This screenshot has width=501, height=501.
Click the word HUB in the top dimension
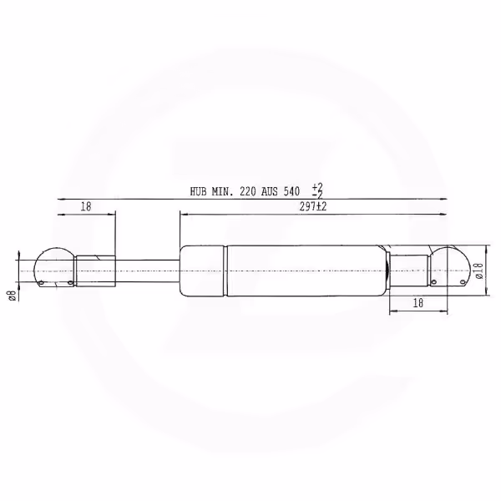[198, 192]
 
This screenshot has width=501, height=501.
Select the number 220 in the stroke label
[248, 192]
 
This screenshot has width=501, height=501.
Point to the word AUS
[270, 192]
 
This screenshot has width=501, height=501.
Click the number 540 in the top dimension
[291, 192]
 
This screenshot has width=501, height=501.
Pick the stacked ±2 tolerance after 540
[317, 191]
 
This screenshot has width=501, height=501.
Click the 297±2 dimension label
[313, 207]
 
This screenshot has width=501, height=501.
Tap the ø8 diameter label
[13, 296]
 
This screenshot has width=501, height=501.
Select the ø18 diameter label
[479, 271]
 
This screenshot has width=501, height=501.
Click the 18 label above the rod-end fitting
[86, 207]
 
